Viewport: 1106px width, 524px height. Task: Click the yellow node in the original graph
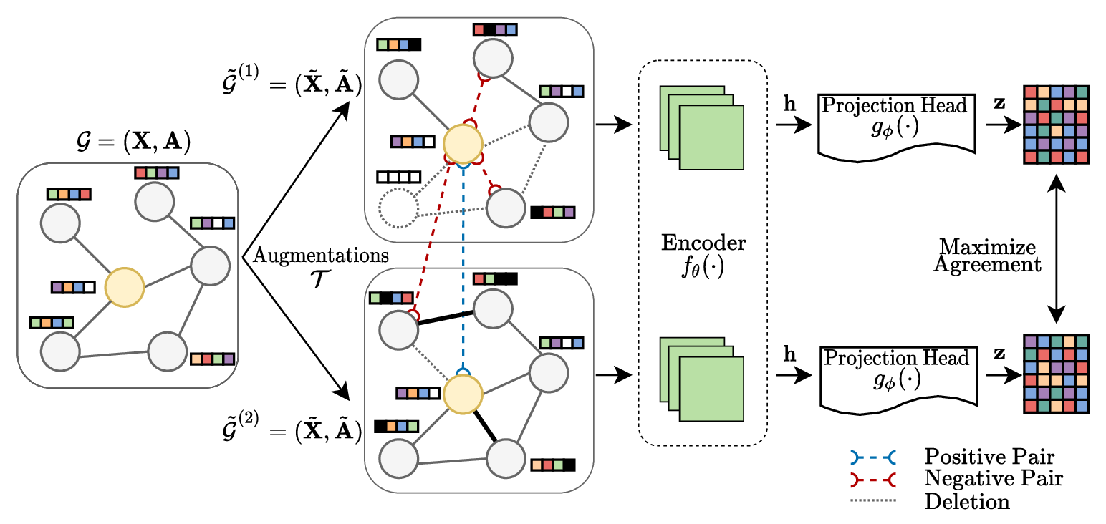126,288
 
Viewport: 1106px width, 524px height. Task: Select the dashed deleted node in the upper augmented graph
398,210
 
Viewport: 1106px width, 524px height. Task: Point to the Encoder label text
703,243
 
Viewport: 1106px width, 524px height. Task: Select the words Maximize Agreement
987,256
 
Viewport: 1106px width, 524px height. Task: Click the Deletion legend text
966,500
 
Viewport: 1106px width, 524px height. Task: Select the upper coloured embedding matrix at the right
1056,125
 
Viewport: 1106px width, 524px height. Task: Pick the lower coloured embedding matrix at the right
1056,374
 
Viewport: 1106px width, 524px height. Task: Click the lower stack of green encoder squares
702,379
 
